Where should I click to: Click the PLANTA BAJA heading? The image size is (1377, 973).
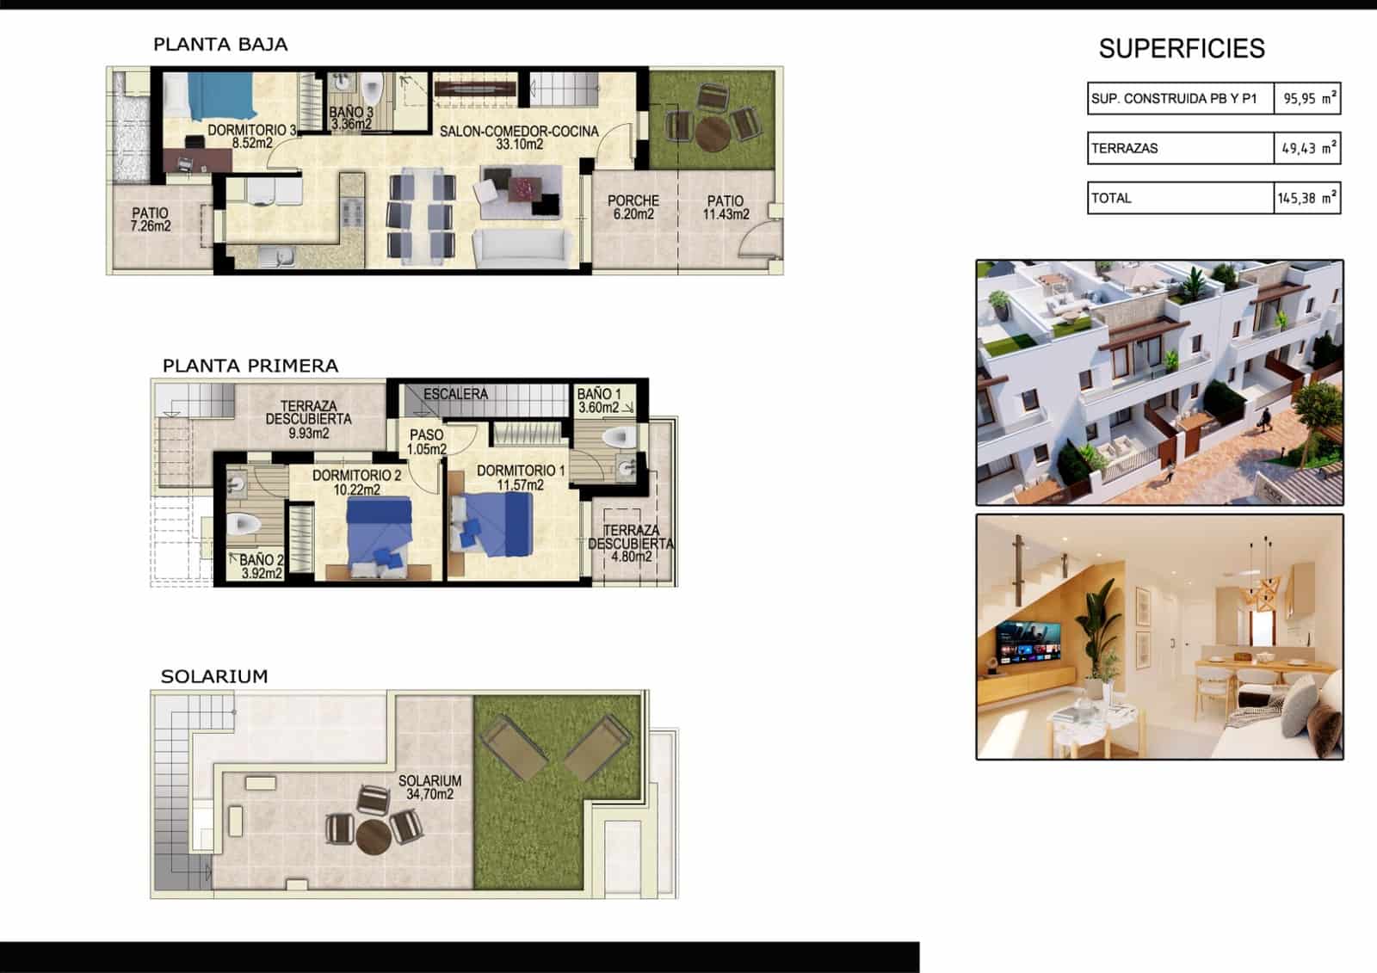point(220,45)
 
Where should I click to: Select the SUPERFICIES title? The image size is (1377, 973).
point(1182,48)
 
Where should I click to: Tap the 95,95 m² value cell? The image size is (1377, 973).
point(1307,98)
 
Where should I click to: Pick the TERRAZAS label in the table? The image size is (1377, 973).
point(1125,148)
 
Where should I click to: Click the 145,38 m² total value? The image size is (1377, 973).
point(1306,198)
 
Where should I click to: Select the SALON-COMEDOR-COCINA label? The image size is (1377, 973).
point(519,138)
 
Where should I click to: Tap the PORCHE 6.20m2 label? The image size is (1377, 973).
point(633,206)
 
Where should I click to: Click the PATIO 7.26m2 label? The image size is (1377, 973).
point(151,219)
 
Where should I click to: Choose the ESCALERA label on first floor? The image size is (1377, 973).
point(455,394)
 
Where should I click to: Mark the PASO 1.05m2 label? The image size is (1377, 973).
point(427,442)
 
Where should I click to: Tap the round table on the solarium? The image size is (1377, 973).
point(374,836)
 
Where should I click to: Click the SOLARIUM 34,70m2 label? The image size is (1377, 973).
point(429,787)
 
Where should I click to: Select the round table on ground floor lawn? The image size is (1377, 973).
point(713,134)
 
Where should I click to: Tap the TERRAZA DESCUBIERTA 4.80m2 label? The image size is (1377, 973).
point(631,544)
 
